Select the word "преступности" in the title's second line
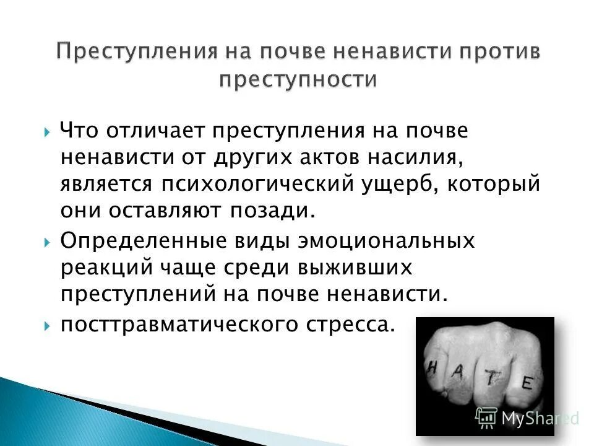[298, 80]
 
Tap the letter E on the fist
[527, 383]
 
